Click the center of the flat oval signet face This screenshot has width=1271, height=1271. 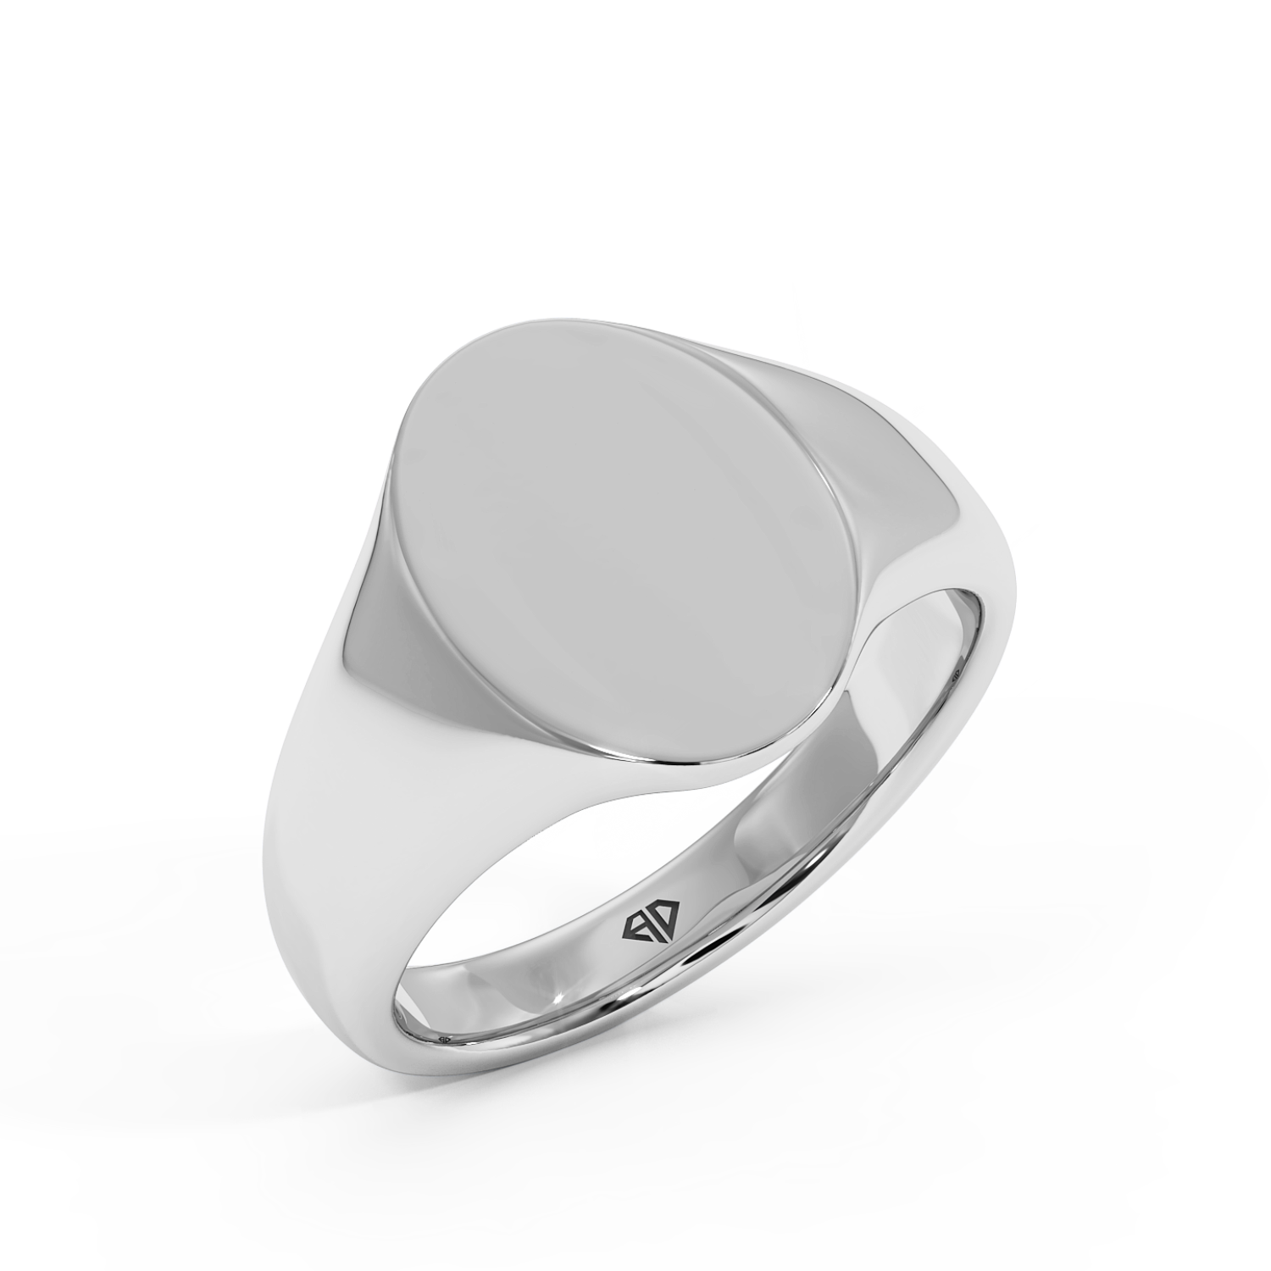623,542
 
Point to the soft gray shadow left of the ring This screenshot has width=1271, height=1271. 127,890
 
